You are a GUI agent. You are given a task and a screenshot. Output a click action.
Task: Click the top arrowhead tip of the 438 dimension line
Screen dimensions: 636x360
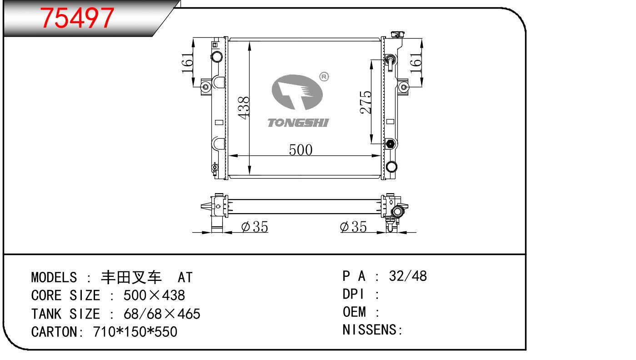[249, 41]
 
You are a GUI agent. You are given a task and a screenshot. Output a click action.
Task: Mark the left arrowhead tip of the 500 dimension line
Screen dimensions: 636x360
[228, 155]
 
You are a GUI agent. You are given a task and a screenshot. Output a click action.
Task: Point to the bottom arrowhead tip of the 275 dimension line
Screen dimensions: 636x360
[371, 144]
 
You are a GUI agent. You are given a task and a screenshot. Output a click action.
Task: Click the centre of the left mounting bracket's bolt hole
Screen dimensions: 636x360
[206, 87]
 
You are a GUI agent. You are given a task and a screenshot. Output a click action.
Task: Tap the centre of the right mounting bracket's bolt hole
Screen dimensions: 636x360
[404, 87]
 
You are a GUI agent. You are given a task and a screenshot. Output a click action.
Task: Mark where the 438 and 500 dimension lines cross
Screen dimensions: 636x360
[249, 155]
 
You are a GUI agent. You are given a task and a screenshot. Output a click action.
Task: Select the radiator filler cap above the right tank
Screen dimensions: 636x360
[397, 35]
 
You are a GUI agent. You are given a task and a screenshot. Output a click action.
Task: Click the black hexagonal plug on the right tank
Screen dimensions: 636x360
[390, 144]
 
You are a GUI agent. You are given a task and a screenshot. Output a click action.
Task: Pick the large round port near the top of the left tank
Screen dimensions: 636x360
[217, 56]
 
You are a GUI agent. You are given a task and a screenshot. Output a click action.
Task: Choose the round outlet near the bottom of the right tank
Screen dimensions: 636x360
[391, 166]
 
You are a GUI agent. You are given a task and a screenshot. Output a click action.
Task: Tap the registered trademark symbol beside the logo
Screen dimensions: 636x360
[324, 77]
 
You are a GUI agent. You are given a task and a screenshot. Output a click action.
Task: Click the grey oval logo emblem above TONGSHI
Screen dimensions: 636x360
[297, 92]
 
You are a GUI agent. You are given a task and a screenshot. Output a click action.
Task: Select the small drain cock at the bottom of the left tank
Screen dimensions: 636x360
[215, 168]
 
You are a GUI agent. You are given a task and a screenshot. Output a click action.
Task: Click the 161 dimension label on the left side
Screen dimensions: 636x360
[187, 63]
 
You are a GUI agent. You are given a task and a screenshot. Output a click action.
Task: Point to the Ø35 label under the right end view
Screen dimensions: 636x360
[353, 226]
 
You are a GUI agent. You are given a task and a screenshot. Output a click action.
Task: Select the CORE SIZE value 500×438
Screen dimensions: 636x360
[154, 295]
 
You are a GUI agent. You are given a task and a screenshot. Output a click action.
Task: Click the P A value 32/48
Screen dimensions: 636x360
[408, 276]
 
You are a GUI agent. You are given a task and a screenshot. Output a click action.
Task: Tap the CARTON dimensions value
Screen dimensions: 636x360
[135, 332]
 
